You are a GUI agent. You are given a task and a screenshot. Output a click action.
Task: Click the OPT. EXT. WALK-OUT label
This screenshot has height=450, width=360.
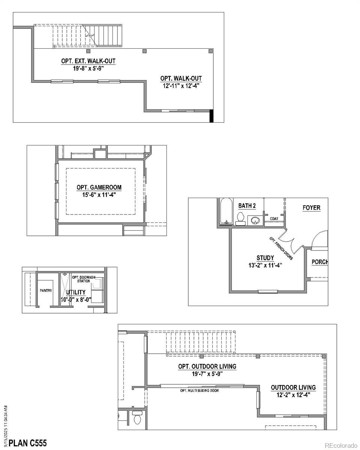click(x=88, y=61)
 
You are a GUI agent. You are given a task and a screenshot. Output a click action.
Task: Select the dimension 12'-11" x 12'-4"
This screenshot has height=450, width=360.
click(x=181, y=85)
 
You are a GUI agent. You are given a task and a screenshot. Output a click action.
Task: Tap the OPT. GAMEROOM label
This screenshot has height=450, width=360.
click(x=99, y=187)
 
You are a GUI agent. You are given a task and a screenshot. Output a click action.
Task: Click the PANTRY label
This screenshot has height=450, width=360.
click(x=46, y=290)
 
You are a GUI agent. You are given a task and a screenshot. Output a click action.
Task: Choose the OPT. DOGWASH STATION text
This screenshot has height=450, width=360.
click(x=84, y=279)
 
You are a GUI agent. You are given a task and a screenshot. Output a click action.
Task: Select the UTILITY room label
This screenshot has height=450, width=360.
click(x=76, y=292)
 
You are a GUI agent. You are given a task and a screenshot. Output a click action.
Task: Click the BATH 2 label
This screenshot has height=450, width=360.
click(x=247, y=206)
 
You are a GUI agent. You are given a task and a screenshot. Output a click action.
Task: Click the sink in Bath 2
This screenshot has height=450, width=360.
click(x=255, y=220)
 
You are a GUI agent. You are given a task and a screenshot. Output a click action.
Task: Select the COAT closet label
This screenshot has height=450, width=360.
click(x=274, y=218)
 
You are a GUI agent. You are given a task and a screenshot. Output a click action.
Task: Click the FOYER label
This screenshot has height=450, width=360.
click(x=312, y=208)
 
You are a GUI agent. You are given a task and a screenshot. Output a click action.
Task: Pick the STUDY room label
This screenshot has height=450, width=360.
click(x=265, y=258)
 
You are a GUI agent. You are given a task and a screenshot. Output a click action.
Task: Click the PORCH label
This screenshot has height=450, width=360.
click(x=320, y=262)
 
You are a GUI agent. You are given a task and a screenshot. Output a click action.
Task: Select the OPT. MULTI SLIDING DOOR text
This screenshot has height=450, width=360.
click(x=199, y=390)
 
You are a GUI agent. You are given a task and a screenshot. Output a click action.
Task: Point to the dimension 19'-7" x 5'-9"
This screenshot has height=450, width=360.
click(x=207, y=373)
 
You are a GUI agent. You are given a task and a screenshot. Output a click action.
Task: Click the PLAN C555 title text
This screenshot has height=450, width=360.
click(x=28, y=443)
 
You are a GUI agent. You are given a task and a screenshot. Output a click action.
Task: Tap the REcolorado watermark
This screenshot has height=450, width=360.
click(x=341, y=445)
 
